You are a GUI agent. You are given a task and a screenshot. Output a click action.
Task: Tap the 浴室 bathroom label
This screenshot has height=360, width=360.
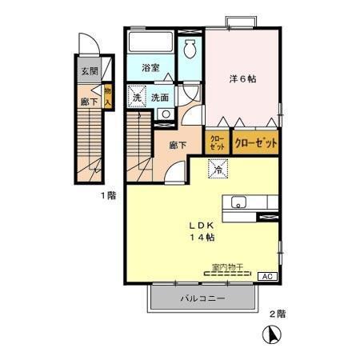[150, 68]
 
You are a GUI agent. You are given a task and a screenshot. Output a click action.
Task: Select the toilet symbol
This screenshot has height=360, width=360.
[190, 49]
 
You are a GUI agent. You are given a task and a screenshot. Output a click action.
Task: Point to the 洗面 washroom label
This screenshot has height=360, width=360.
[161, 98]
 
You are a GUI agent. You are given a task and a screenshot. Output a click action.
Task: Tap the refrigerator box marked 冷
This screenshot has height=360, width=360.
[215, 169]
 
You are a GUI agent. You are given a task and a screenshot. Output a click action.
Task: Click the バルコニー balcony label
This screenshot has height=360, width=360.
[202, 298]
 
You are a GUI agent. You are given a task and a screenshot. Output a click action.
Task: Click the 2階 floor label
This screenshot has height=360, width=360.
[277, 314]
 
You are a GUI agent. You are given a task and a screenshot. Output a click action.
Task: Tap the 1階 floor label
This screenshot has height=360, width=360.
[107, 195]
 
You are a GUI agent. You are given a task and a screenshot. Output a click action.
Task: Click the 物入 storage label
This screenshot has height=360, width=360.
[107, 95]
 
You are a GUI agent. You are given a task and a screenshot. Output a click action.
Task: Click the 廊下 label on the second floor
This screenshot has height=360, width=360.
[178, 146]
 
